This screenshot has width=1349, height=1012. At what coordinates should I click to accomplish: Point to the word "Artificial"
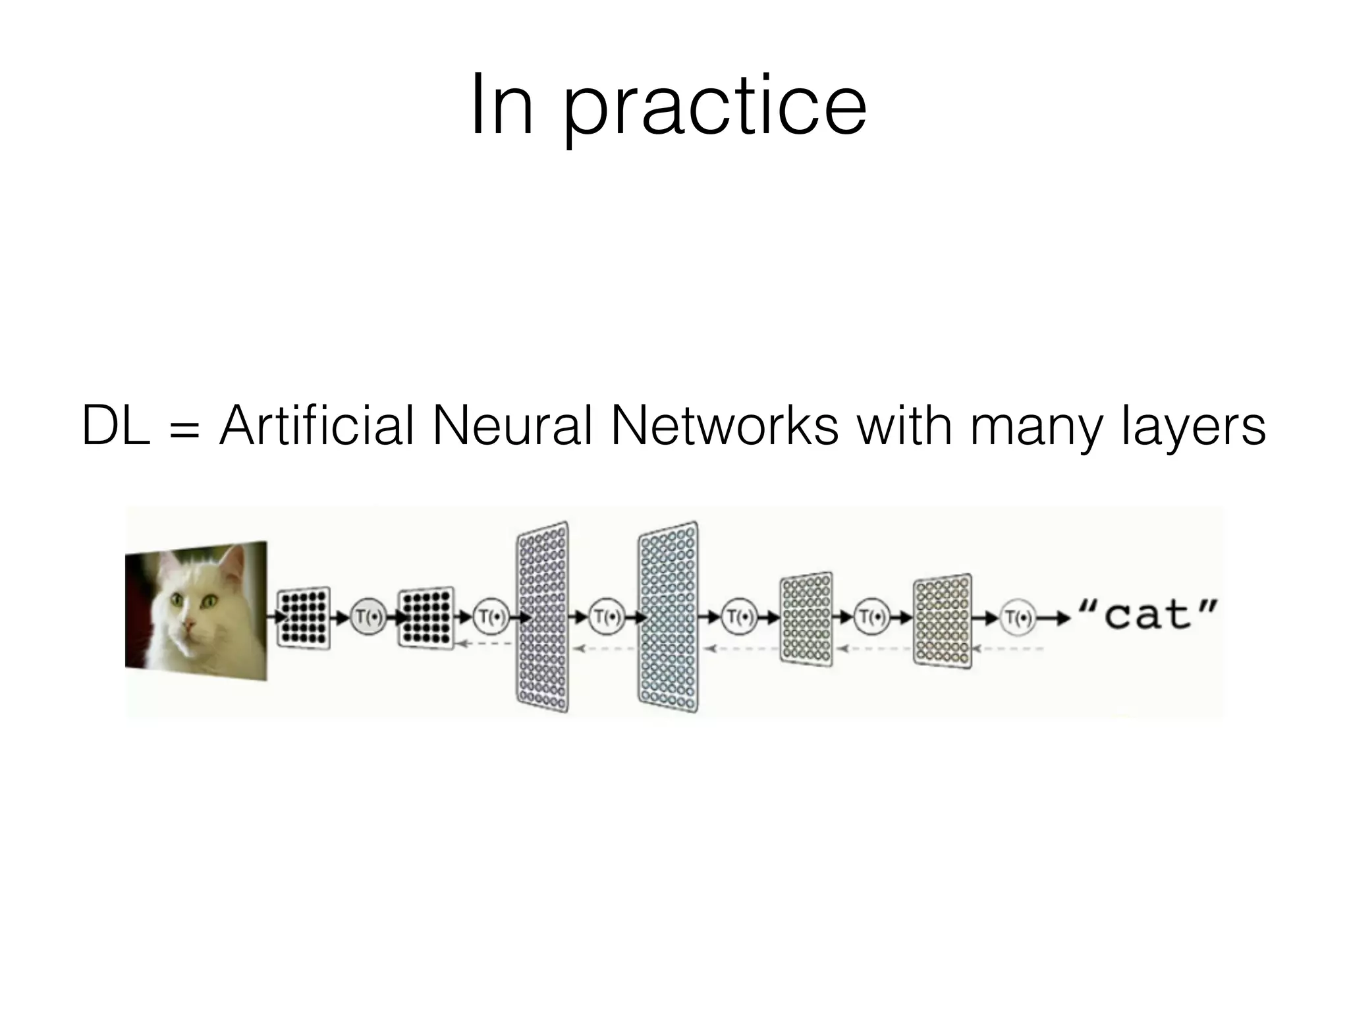coord(317,426)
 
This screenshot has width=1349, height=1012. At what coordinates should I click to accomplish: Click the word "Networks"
coord(725,426)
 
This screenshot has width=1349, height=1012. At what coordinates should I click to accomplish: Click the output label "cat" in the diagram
coord(1149,615)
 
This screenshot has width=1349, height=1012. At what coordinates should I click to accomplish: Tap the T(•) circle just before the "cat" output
coord(1018,618)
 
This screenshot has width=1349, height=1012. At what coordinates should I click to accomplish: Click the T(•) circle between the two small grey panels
coord(872,618)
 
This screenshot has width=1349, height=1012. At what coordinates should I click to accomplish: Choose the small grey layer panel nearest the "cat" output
coord(943,621)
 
